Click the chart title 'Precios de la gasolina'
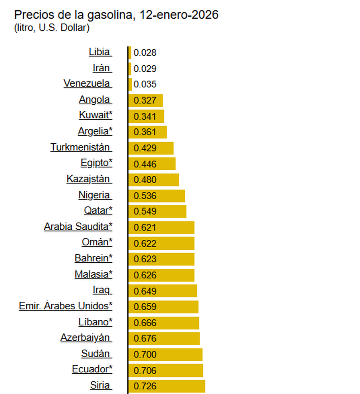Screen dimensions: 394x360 point(116,15)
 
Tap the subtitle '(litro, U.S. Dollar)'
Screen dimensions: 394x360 point(52,28)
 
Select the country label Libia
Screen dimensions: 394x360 point(100,52)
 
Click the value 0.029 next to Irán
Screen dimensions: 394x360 point(145,69)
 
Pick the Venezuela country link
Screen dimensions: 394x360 point(87,83)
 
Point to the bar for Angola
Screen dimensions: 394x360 point(146,100)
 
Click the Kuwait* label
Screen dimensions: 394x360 point(95,115)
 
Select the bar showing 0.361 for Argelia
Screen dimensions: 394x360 point(148,132)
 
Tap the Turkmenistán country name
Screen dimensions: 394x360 point(81,147)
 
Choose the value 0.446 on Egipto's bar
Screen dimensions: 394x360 point(145,164)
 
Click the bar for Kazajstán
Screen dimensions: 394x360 point(154,180)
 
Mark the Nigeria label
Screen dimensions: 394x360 point(95,195)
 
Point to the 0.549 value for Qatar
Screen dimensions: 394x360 point(145,211)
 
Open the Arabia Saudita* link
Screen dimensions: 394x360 point(78,227)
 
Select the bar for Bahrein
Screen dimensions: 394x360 point(161,259)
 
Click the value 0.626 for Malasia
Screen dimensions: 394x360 point(145,275)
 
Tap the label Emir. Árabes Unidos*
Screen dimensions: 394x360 point(65,306)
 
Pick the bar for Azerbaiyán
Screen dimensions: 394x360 point(164,338)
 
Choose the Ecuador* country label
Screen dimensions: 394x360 point(92,369)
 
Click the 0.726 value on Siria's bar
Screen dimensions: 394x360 point(145,386)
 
